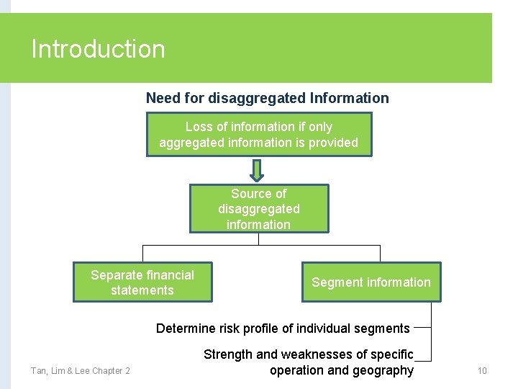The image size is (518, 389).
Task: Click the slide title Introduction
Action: [x=98, y=49]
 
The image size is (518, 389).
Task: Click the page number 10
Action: [x=482, y=371]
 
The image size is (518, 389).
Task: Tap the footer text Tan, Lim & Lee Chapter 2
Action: [x=80, y=371]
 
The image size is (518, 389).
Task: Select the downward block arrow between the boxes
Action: [x=258, y=170]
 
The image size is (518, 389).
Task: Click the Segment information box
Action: [x=371, y=282]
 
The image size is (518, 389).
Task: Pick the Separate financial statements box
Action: [x=142, y=282]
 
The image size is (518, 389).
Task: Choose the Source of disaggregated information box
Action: [x=259, y=209]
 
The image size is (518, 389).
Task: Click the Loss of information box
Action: [x=258, y=135]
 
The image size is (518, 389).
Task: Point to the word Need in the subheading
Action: [x=161, y=98]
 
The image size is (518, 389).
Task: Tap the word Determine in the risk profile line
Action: [x=186, y=328]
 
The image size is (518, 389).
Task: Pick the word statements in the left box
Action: [x=142, y=290]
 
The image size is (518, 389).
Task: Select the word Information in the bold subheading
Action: [x=349, y=98]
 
